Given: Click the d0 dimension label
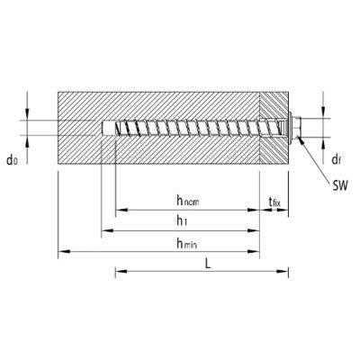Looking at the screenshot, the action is [x=13, y=160].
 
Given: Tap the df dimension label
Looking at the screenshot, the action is [x=337, y=159].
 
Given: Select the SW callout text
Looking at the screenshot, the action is [x=340, y=186].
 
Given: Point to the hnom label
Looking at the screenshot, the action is [x=188, y=201].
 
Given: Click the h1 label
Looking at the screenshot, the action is [x=182, y=221].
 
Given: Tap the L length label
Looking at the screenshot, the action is [x=208, y=263].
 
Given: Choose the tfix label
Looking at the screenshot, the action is [x=274, y=202].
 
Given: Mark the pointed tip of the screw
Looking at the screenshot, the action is [x=116, y=127].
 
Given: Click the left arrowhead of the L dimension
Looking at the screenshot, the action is [x=121, y=272].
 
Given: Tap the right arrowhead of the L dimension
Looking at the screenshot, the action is [x=283, y=272].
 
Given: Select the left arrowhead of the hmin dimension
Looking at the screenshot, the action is [x=64, y=251].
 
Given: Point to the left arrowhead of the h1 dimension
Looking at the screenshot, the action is [x=107, y=230].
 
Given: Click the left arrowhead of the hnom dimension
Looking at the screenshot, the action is [x=121, y=210].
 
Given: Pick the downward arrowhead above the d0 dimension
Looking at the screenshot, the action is [x=27, y=114].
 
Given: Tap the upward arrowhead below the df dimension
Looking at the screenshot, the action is [x=323, y=143].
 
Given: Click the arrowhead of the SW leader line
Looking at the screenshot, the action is [x=301, y=140].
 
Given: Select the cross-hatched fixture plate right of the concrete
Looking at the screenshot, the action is [x=274, y=128].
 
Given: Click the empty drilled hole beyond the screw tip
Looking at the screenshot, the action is [x=108, y=128].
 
